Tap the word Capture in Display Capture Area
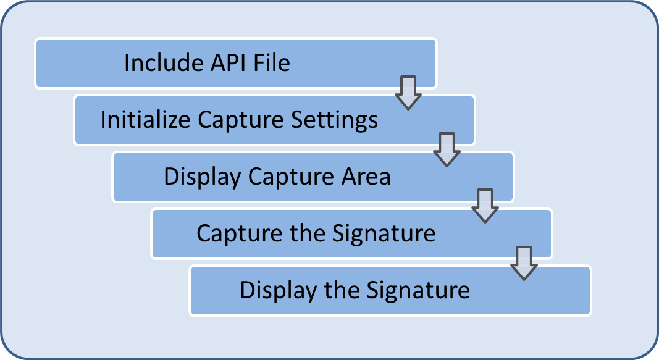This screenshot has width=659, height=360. coord(289,177)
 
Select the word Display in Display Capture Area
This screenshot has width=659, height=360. coord(202,177)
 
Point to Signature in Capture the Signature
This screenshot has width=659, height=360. coord(384,233)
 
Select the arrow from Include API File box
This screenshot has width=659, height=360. coord(408,93)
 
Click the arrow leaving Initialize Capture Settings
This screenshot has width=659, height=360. coord(447,149)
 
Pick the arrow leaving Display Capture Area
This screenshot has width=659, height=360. coord(485,206)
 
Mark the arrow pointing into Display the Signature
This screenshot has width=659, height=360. coord(524,263)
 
